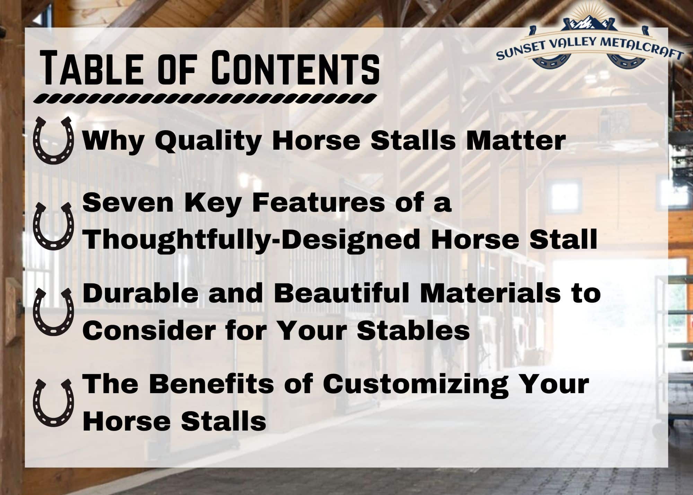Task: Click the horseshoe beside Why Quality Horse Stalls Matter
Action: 53,140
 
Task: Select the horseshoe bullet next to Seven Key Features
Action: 53,226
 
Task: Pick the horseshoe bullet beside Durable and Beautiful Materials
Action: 53,312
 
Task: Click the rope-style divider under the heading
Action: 204,98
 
